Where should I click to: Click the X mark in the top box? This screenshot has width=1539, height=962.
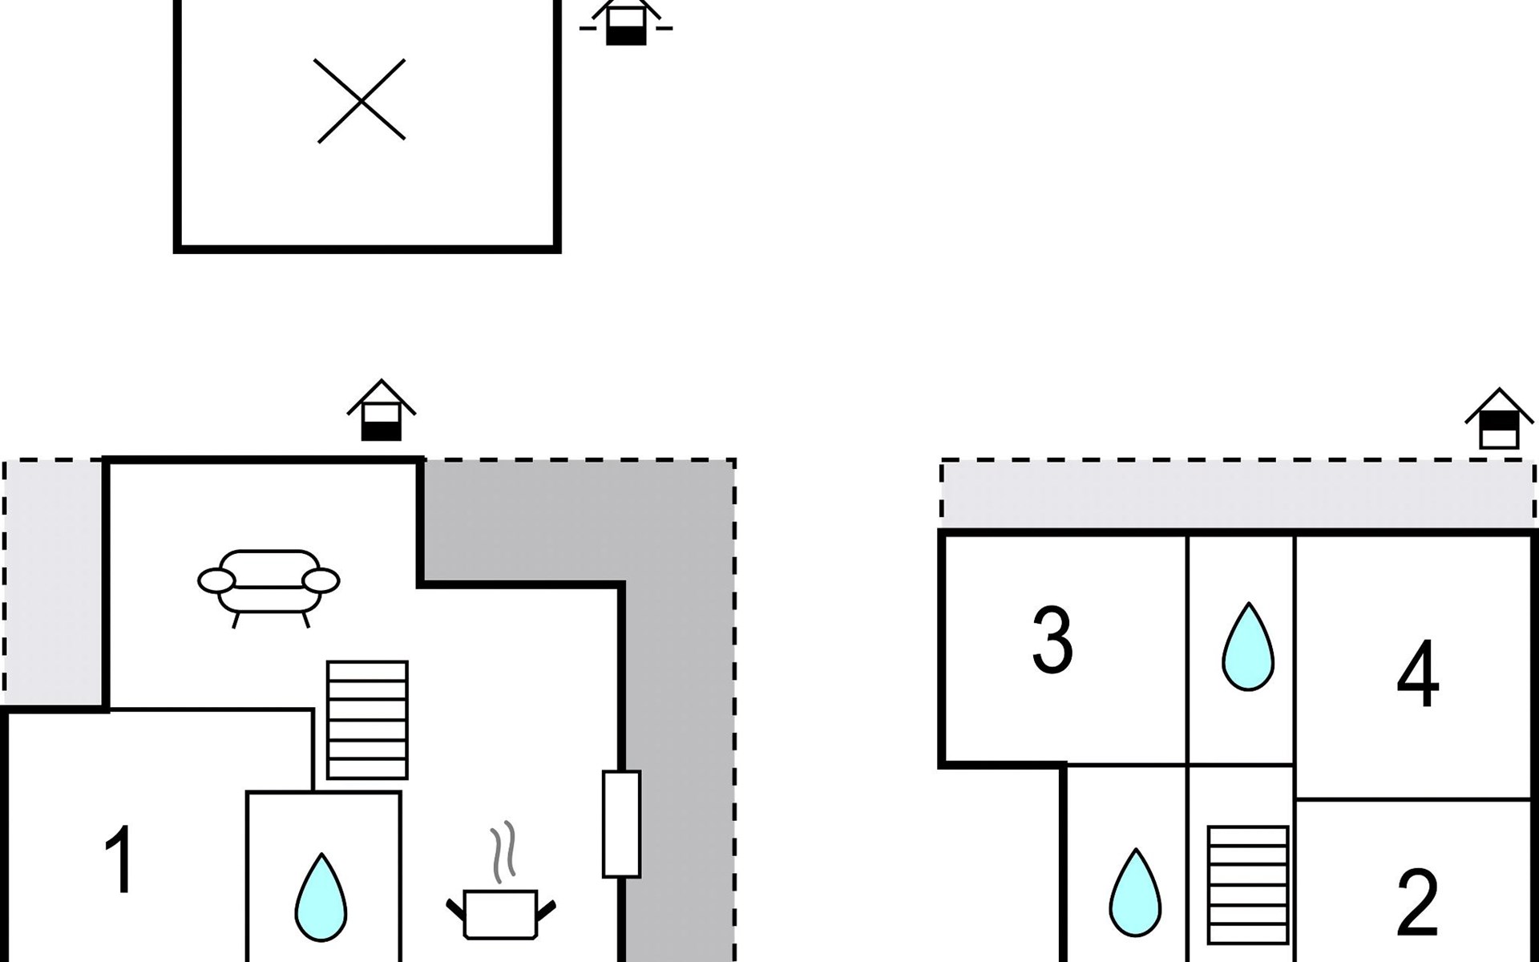[361, 101]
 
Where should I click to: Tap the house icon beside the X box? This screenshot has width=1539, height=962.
[625, 22]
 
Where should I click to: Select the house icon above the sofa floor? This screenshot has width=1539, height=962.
[381, 410]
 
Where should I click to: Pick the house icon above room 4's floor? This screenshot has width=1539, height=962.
[1499, 419]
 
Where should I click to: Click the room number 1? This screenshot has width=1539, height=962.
[120, 859]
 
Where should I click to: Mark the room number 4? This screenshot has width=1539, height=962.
[1417, 675]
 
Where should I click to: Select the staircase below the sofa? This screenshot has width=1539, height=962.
[367, 719]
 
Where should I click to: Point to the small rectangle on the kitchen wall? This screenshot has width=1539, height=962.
[621, 824]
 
